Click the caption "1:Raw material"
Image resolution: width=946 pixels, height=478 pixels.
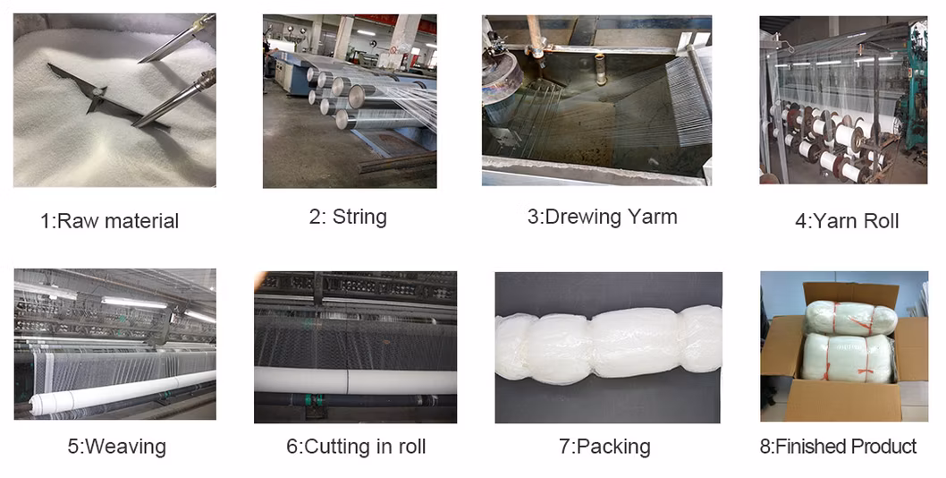[x=110, y=220]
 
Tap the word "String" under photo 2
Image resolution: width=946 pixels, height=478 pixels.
[x=359, y=217]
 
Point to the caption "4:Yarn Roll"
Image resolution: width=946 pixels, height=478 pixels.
[x=847, y=221]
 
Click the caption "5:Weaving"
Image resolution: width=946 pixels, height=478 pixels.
[x=116, y=447]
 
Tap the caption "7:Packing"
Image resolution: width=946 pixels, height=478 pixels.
[x=604, y=447]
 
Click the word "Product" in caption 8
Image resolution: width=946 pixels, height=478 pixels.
[x=883, y=447]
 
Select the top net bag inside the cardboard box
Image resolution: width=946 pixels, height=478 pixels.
[x=851, y=319]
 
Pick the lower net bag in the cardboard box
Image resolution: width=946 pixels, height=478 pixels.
[x=849, y=358]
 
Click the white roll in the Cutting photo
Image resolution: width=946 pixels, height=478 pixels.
[x=355, y=380]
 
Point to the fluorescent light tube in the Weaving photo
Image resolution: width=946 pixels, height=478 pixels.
[x=133, y=303]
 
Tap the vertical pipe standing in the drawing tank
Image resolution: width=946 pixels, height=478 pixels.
[x=600, y=69]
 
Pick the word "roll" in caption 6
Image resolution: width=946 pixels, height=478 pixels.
[x=413, y=447]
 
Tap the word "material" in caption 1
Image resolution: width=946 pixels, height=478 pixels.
[x=146, y=220]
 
